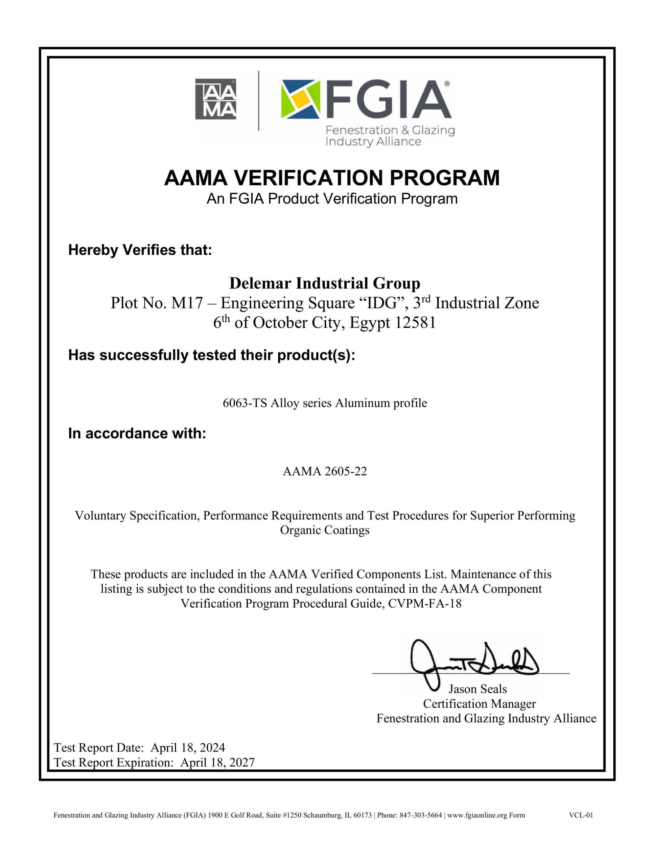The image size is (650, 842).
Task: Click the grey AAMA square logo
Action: click(216, 99)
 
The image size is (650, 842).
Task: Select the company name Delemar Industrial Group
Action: click(324, 284)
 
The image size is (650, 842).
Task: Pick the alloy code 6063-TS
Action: click(245, 403)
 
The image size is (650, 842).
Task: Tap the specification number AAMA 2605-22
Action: click(325, 471)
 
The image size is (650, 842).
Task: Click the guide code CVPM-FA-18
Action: click(425, 603)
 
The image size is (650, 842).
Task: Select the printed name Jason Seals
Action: click(477, 689)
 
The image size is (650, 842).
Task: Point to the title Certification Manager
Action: click(479, 704)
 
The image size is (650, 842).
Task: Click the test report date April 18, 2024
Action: click(188, 748)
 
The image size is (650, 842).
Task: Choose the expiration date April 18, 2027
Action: click(217, 762)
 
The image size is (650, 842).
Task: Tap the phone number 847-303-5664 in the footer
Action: click(421, 815)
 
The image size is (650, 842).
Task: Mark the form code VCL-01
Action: click(581, 815)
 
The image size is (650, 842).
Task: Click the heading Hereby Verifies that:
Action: click(140, 250)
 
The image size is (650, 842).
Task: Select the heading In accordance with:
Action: click(137, 434)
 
